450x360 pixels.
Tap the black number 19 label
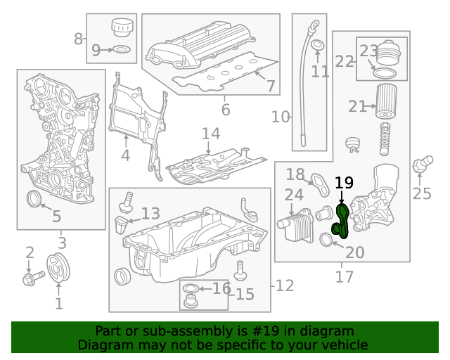[x=343, y=184]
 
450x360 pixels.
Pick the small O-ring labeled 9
[x=121, y=50]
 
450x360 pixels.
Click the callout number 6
[x=225, y=110]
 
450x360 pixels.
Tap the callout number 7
[x=271, y=86]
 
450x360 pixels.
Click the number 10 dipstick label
[x=281, y=117]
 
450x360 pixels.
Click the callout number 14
[x=211, y=134]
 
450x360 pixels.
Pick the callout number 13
[x=151, y=214]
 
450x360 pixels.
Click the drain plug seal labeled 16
[x=191, y=289]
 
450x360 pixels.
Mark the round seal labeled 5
[x=33, y=198]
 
